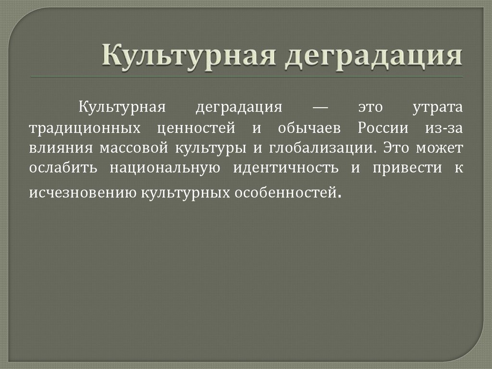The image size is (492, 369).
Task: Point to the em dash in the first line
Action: coord(320,107)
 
